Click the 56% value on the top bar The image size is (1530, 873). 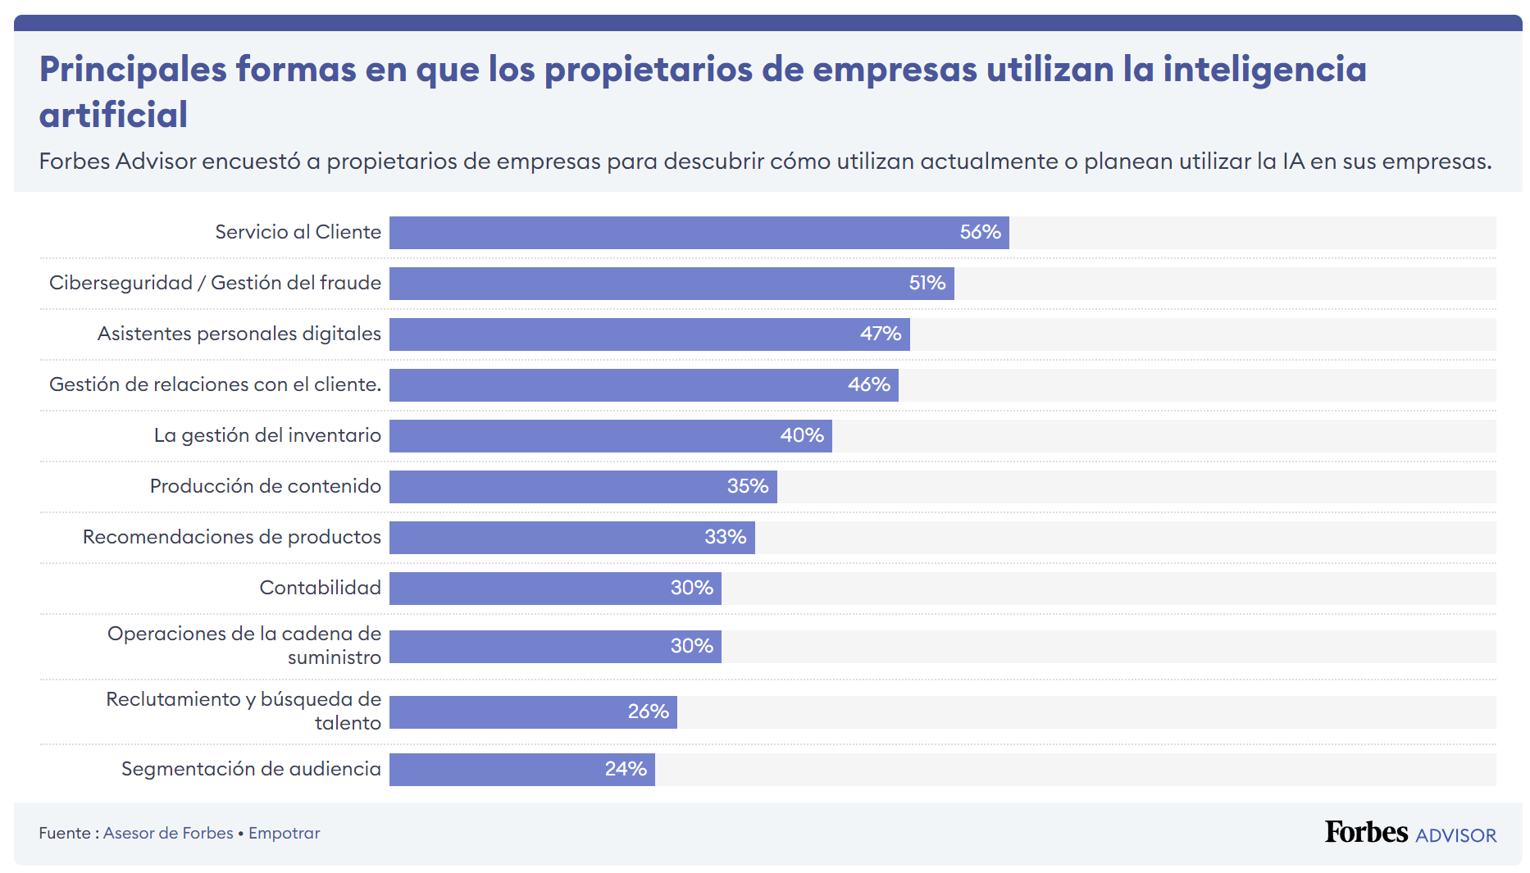(980, 233)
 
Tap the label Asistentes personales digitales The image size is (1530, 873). (239, 334)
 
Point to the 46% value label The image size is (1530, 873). (868, 384)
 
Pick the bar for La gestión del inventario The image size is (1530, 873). (610, 436)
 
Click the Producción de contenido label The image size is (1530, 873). (265, 486)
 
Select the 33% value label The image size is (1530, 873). (725, 537)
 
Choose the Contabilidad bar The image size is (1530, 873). (555, 589)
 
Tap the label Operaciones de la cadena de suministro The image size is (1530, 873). (244, 645)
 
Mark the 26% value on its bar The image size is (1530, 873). (648, 712)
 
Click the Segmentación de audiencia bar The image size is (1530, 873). (521, 770)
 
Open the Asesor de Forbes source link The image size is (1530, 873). (168, 833)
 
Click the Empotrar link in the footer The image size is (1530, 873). (284, 833)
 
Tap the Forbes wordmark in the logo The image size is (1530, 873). (1366, 832)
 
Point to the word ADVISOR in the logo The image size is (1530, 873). (1455, 835)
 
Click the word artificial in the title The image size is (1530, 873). (113, 115)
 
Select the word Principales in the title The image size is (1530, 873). (132, 69)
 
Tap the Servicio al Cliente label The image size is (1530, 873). (298, 232)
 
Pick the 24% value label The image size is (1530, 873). (626, 769)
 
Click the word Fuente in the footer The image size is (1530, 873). (65, 833)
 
